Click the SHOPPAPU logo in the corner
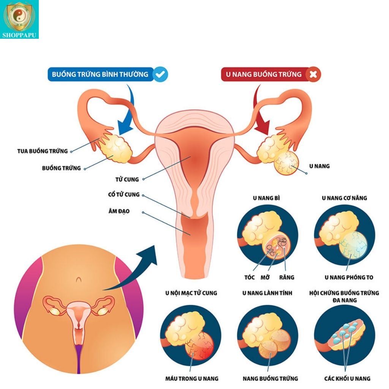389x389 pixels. pos(19,19)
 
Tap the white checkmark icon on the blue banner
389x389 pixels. pos(160,74)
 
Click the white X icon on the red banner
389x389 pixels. pos(313,74)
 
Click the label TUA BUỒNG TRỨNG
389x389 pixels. pos(43,151)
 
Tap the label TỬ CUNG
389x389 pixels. pos(127,179)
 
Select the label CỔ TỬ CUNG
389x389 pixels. pos(124,194)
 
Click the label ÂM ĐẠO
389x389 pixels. pos(119,211)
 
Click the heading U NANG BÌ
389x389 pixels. pos(266,198)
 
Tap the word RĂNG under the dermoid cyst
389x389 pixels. pos(286,277)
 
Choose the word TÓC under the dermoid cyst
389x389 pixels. pos(250,277)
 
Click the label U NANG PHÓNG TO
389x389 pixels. pos(349,277)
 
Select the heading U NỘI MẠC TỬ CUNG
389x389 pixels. pos(191,293)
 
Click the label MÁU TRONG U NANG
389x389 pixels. pos(192,379)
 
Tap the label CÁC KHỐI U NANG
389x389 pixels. pos(347,379)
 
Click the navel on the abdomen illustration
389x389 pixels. pos(79,280)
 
